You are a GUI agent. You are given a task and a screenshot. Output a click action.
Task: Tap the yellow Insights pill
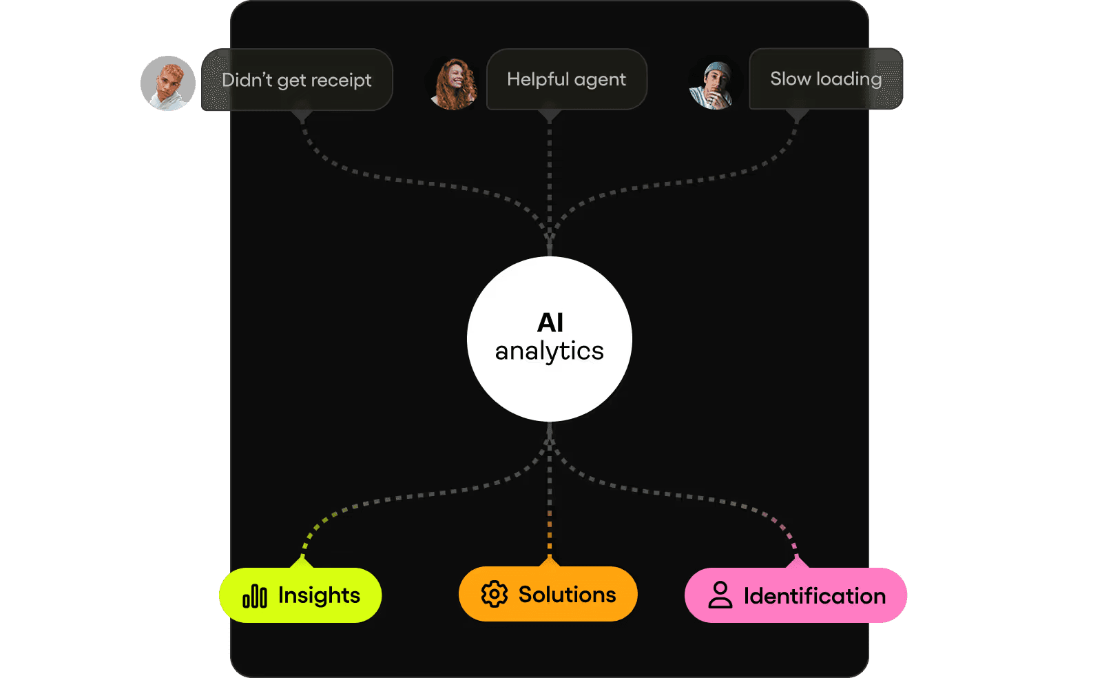(300, 595)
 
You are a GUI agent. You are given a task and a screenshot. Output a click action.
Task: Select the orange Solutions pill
(548, 594)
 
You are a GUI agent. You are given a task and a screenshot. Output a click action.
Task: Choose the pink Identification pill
(796, 595)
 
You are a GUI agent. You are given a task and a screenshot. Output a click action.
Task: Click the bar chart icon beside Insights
(255, 596)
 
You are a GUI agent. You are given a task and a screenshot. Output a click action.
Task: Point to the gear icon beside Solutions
(495, 594)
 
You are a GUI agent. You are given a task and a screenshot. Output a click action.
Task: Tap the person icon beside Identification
(720, 595)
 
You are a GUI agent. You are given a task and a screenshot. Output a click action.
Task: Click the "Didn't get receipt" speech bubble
(297, 80)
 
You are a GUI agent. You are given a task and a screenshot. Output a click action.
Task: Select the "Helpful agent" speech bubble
(566, 79)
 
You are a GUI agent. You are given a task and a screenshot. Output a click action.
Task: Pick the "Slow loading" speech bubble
(826, 79)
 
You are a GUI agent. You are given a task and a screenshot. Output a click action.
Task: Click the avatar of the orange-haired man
(168, 83)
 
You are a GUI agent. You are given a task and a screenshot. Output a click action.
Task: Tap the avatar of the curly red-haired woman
(454, 84)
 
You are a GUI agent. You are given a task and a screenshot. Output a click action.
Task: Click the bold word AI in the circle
(550, 322)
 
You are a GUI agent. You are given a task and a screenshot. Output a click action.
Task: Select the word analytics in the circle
(549, 351)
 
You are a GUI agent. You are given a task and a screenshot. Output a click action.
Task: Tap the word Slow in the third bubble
(790, 79)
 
